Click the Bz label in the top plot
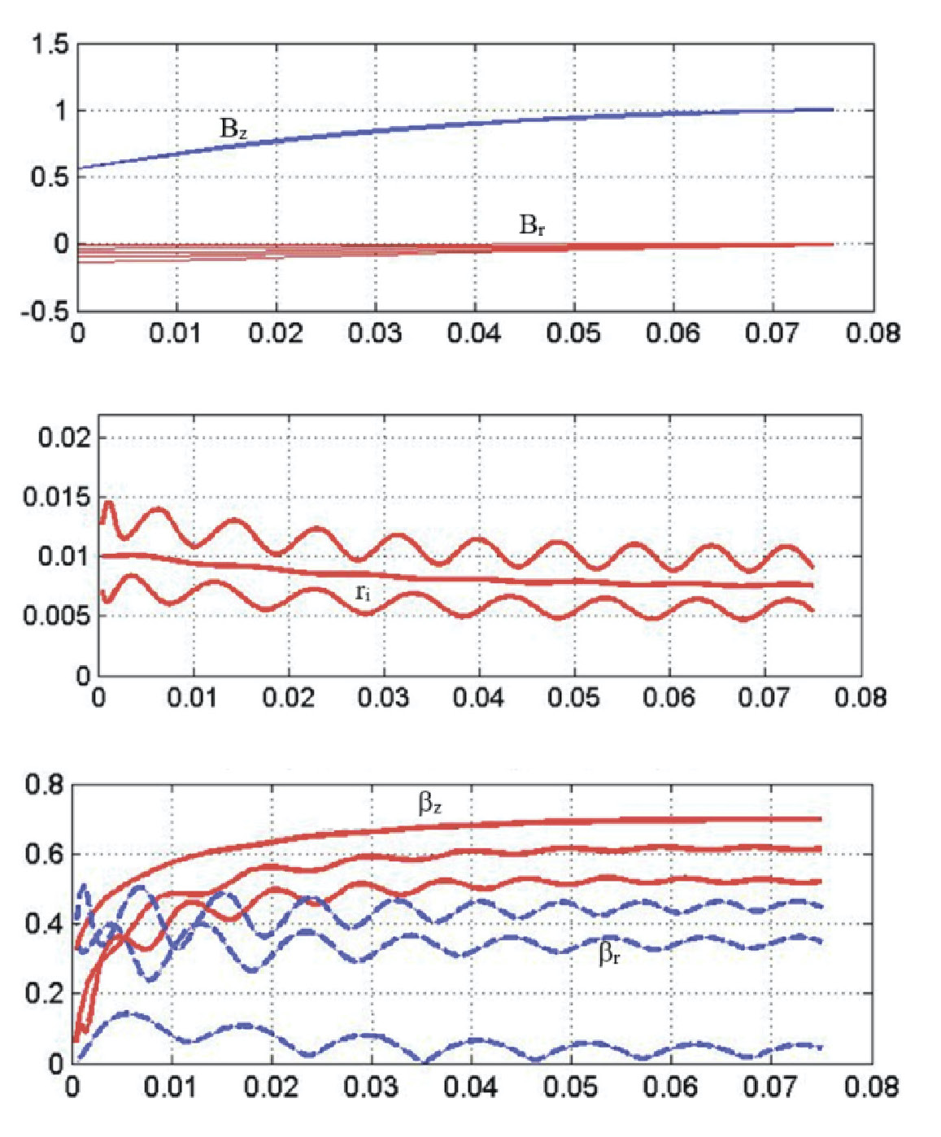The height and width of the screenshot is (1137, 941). (x=233, y=129)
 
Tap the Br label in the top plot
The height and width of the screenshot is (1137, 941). (x=532, y=224)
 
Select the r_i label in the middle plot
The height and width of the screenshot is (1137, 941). (x=363, y=593)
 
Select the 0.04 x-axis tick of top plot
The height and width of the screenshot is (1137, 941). (x=474, y=333)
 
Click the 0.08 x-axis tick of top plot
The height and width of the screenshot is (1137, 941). (x=873, y=333)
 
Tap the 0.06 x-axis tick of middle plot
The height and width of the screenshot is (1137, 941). (x=669, y=698)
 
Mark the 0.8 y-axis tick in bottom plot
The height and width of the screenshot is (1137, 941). (x=44, y=786)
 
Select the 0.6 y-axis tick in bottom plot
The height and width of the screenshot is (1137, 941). (x=44, y=855)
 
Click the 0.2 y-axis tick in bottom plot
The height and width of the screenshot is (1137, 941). (x=44, y=994)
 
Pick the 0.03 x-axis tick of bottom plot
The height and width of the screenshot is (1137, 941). (x=372, y=1087)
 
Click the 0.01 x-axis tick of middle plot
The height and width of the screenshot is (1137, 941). (x=193, y=698)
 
